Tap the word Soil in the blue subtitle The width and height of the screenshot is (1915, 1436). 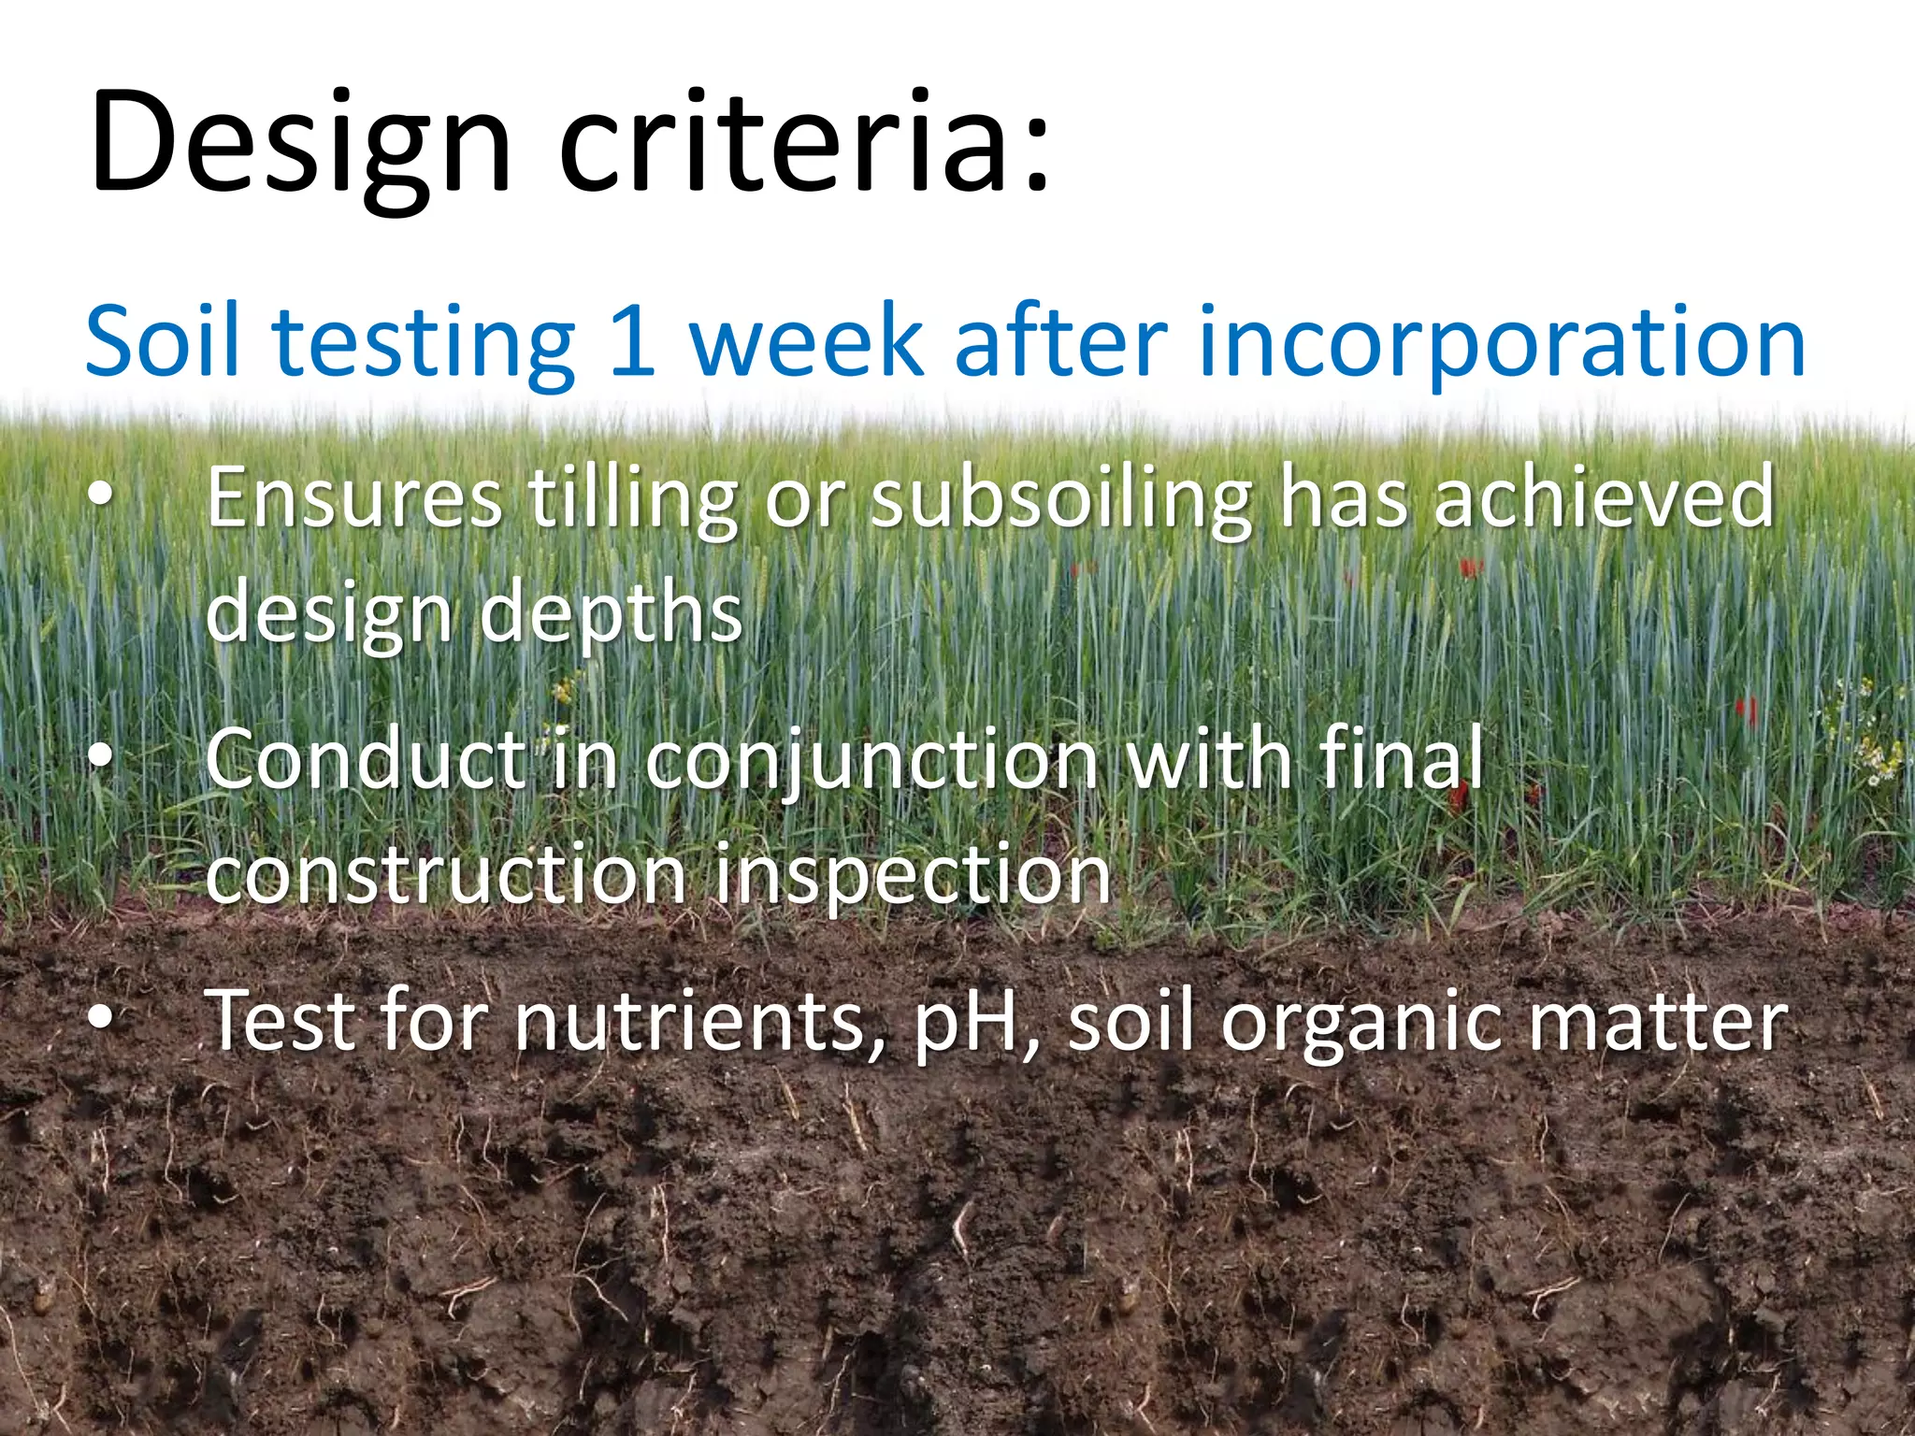pos(163,340)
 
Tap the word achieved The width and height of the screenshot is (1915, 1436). pos(1603,499)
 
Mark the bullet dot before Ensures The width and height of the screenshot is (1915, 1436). pos(100,499)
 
